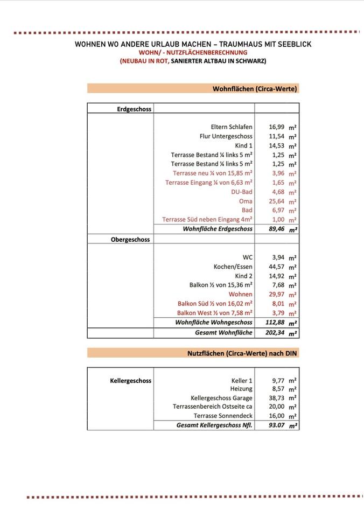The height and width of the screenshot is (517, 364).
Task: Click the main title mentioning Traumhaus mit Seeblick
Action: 193,44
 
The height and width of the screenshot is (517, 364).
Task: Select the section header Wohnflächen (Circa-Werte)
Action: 255,88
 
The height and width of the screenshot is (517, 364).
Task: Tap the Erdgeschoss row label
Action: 134,109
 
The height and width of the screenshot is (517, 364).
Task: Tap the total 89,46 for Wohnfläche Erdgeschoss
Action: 277,229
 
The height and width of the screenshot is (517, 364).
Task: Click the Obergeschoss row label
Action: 130,239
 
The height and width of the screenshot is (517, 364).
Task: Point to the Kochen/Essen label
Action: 233,267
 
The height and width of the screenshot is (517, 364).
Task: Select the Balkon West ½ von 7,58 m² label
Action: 214,313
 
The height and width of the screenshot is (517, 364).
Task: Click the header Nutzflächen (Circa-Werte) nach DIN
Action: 242,353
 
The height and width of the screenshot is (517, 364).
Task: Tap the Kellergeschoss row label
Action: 130,381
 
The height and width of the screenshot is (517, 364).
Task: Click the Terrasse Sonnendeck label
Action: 223,416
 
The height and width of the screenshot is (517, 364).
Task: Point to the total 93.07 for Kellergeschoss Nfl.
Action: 277,425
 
